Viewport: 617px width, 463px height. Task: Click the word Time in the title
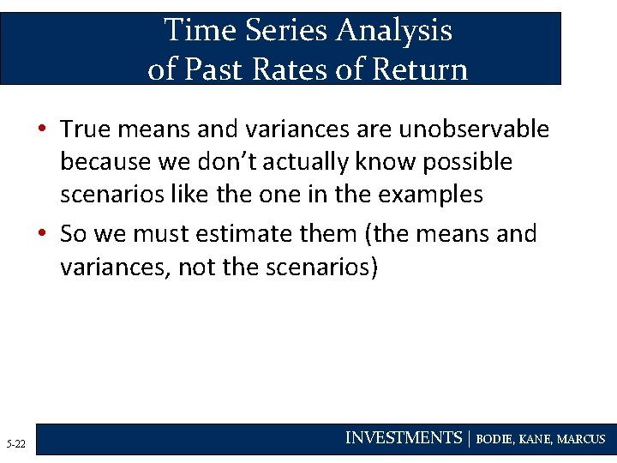point(199,30)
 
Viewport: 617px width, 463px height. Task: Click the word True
point(86,129)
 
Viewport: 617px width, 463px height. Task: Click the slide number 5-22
point(15,444)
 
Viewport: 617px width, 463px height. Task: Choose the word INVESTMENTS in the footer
point(403,438)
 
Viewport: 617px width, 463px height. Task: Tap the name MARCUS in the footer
point(582,439)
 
